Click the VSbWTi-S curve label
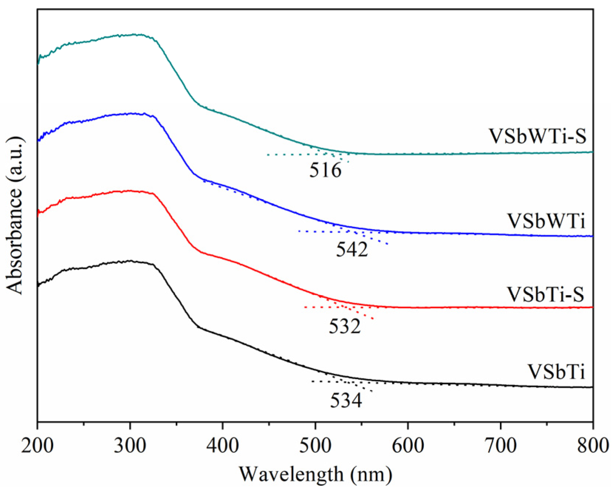coord(537,136)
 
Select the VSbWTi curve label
coord(546,221)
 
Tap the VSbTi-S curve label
coord(546,294)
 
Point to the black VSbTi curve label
coord(556,372)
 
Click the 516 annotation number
coord(325,171)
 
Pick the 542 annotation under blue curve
coord(352,250)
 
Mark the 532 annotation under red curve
coord(345,327)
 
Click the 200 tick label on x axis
coord(37,446)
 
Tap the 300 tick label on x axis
coord(130,446)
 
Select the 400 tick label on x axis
coord(222,446)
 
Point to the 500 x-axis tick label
coord(315,446)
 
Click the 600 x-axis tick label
coord(408,446)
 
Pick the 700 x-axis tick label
coord(500,446)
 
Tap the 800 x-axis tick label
coord(593,446)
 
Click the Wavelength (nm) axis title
coord(315,474)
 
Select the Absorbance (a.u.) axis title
coord(15,215)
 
